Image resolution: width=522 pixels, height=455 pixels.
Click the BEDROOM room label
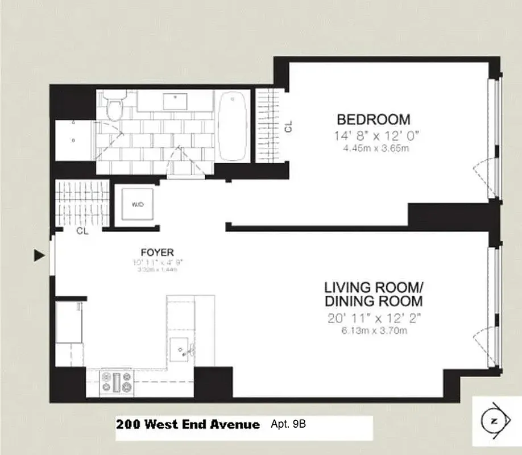[373, 119]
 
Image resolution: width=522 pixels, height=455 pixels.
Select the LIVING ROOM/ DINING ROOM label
[373, 293]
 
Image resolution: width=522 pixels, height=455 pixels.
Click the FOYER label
[157, 252]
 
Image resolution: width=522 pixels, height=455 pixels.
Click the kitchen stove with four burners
[116, 382]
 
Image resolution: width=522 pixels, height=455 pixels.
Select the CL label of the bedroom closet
[288, 126]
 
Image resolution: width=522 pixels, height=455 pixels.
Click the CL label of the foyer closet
[82, 231]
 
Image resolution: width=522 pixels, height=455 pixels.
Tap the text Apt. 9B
[291, 424]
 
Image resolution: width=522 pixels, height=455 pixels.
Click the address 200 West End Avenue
[188, 424]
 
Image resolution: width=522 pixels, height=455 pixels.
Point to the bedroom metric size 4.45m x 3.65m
[373, 149]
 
